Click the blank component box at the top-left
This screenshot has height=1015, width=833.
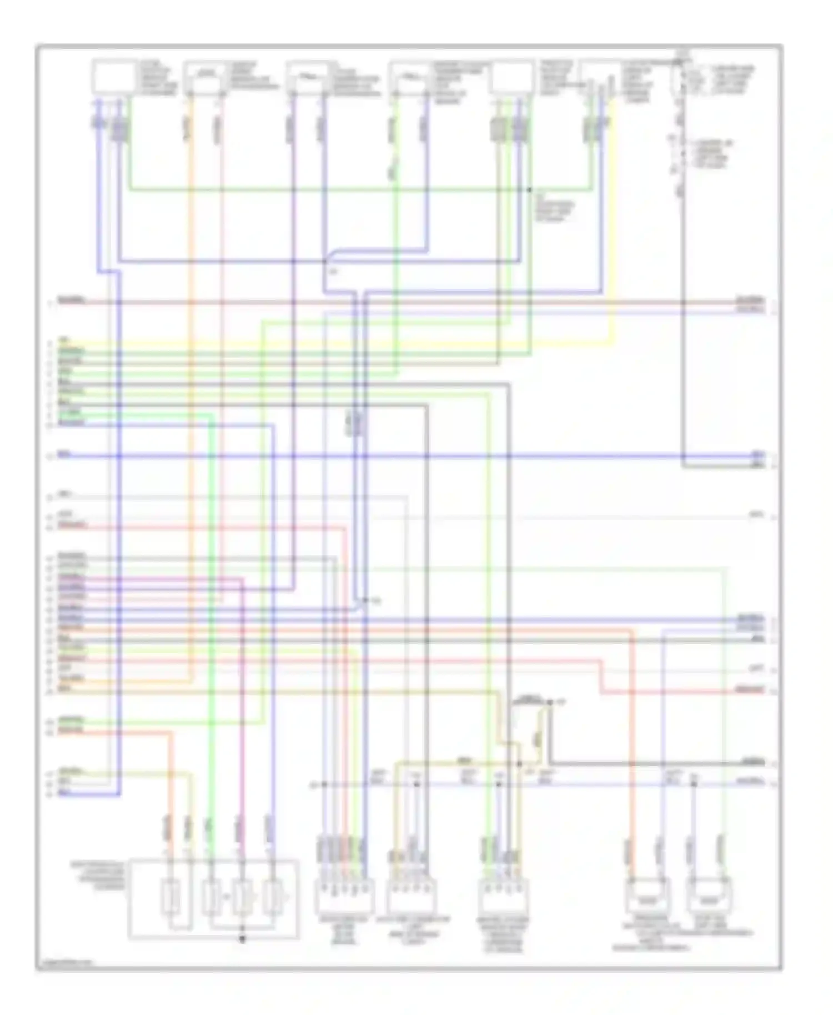113,76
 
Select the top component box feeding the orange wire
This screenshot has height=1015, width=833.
205,78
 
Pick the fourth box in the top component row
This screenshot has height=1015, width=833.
410,78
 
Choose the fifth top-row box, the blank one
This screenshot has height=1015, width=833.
511,77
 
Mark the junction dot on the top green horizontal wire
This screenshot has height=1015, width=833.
530,190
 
